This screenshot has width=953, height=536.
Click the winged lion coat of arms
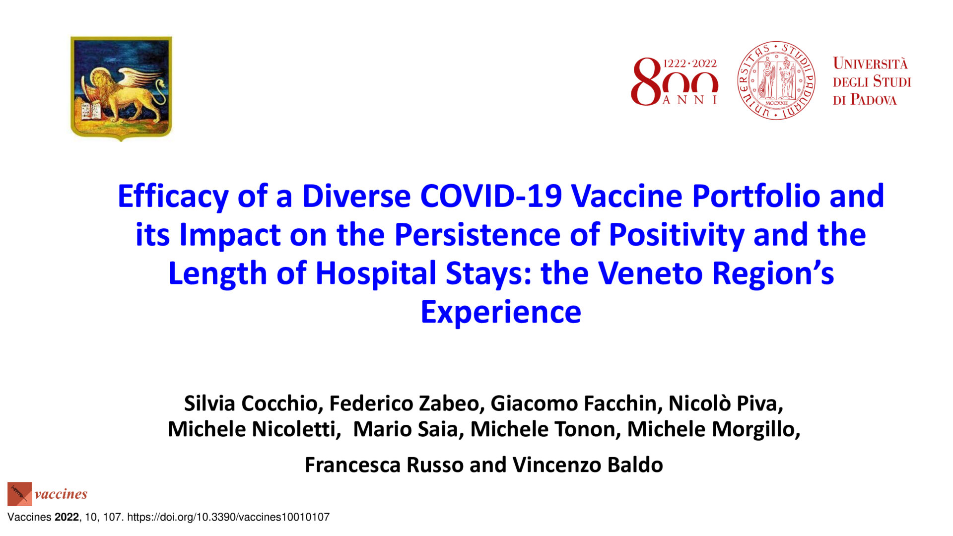(121, 88)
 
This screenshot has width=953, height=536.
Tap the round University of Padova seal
(776, 80)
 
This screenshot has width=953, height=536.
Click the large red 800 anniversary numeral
(674, 82)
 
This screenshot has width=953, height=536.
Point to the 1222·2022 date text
(690, 64)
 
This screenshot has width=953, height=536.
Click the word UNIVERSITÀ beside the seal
(870, 64)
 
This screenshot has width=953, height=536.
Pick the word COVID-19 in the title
(491, 196)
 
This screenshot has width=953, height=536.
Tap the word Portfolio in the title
(756, 196)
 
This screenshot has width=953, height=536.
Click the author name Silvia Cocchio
(251, 403)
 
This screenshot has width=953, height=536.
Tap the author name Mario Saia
(405, 429)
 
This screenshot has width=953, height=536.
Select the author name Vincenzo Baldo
(588, 465)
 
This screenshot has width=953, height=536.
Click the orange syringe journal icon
(19, 494)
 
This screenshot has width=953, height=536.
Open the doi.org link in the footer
(228, 517)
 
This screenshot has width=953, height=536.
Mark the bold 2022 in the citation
(67, 517)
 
